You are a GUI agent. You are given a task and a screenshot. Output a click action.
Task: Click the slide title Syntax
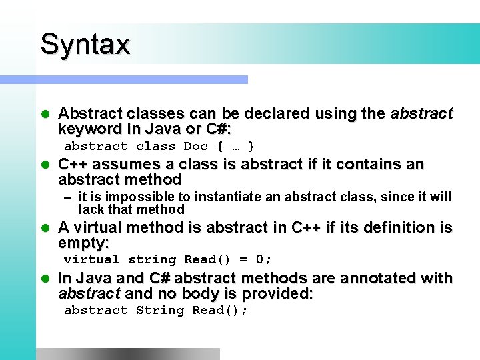pyautogui.click(x=85, y=45)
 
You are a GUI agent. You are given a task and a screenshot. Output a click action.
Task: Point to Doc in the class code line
pyautogui.click(x=195, y=146)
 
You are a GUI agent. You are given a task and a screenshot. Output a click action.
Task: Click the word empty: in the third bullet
pyautogui.click(x=84, y=243)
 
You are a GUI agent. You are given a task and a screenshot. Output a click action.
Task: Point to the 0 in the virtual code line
pyautogui.click(x=260, y=259)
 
